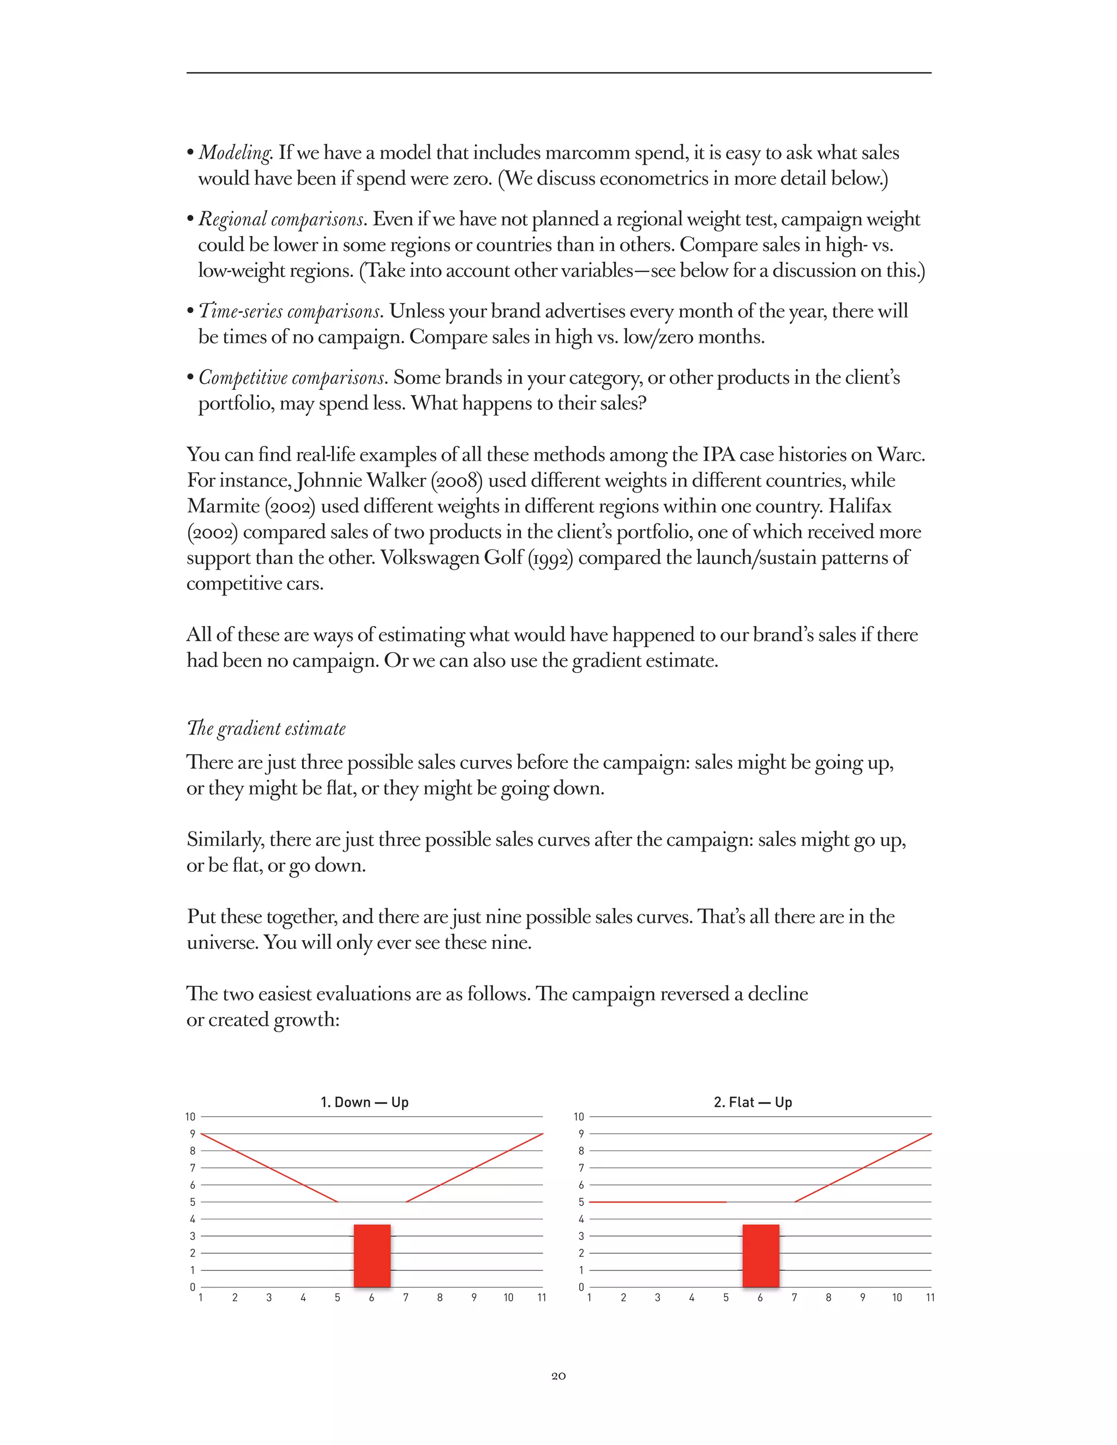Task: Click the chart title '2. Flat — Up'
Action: point(752,1102)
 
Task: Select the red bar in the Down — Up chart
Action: point(372,1256)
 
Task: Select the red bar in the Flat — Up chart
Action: point(760,1256)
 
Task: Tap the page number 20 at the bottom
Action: point(558,1376)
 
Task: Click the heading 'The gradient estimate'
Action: point(266,728)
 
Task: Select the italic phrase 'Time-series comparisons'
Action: point(290,311)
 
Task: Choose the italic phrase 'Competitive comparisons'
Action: point(292,378)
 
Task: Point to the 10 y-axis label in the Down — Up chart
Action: point(190,1117)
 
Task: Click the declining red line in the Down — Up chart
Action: point(269,1168)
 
